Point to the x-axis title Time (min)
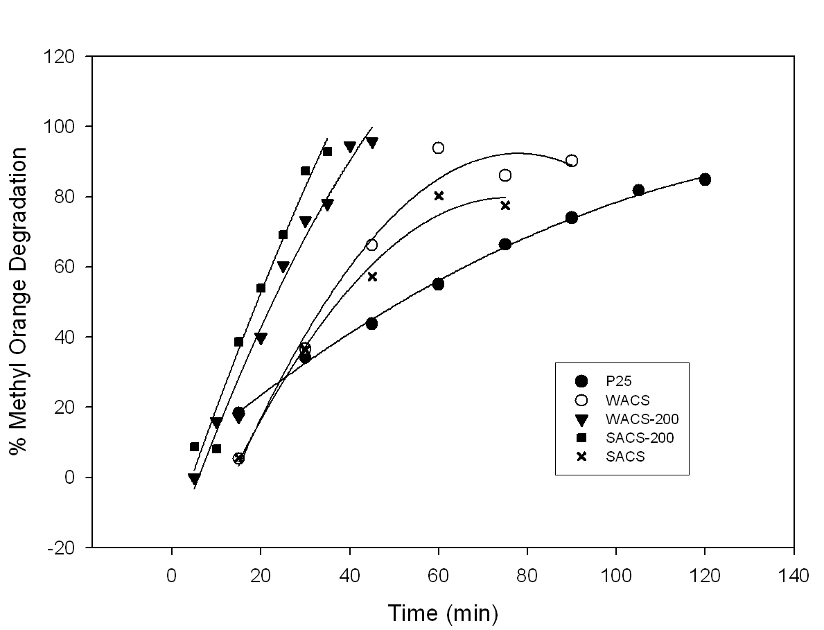pos(442,613)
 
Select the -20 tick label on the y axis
pos(67,548)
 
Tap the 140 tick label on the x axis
pos(794,575)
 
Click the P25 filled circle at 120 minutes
pos(705,180)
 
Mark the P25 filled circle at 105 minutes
pos(638,190)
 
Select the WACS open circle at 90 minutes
pos(572,161)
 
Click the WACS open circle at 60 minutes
pos(438,148)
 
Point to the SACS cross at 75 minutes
pos(505,205)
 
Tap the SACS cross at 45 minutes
pos(372,277)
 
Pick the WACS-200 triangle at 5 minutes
pos(194,478)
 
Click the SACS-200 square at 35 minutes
pos(327,151)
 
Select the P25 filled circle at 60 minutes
pos(438,284)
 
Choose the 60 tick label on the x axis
pos(438,575)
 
